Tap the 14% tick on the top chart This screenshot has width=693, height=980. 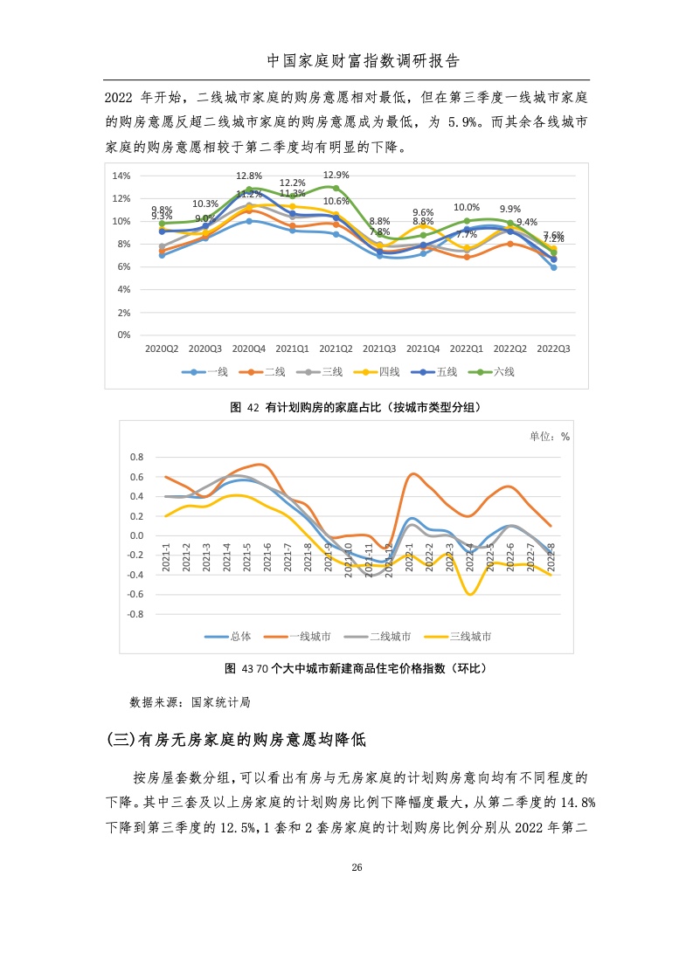[122, 176]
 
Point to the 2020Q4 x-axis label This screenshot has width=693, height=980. [249, 348]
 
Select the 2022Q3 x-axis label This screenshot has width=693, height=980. [553, 348]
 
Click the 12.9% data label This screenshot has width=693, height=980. [336, 175]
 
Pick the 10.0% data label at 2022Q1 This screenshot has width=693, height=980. [467, 208]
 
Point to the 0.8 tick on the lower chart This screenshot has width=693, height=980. [135, 457]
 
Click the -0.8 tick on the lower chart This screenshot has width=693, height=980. [135, 614]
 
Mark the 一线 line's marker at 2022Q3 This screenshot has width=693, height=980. [553, 267]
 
